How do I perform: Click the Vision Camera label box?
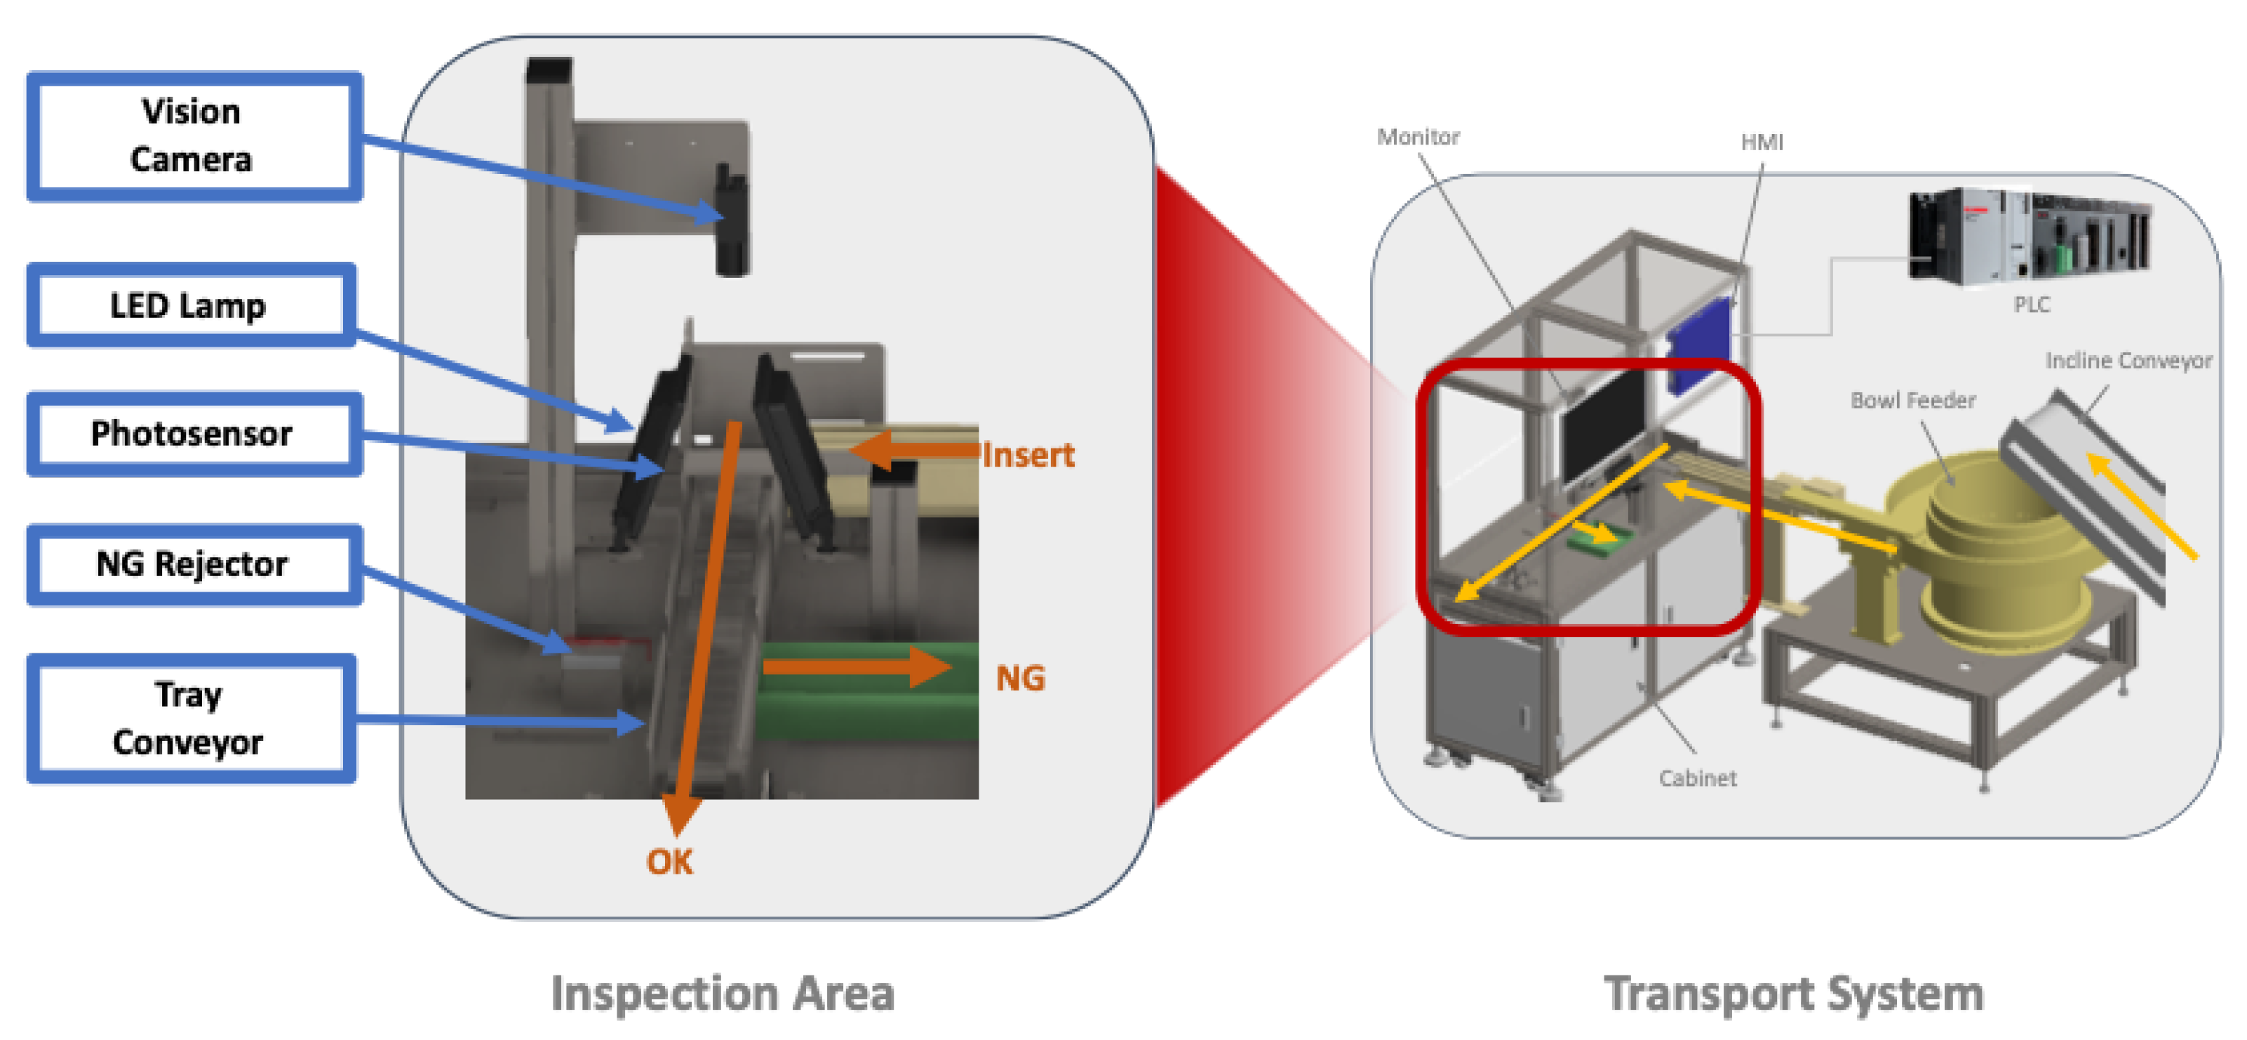click(x=194, y=136)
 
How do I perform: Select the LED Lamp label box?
click(x=190, y=305)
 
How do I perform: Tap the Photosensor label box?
click(x=193, y=434)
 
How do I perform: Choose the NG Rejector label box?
click(x=193, y=564)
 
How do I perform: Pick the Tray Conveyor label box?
click(x=190, y=718)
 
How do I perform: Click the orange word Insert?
click(x=1028, y=455)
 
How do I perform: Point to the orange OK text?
click(x=669, y=861)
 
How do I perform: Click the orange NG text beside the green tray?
click(x=1020, y=678)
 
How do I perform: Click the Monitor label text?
click(x=1418, y=137)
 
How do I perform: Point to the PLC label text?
click(x=2032, y=305)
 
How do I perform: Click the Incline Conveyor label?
click(x=2128, y=360)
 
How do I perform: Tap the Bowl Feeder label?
click(x=1913, y=401)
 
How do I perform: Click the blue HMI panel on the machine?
click(x=1698, y=347)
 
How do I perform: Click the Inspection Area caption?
click(x=723, y=994)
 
